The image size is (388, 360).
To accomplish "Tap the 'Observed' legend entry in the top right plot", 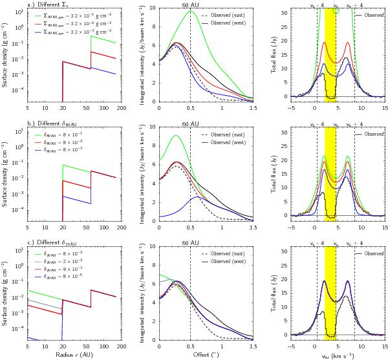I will (373, 14).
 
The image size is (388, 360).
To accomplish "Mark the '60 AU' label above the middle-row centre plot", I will (189, 123).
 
